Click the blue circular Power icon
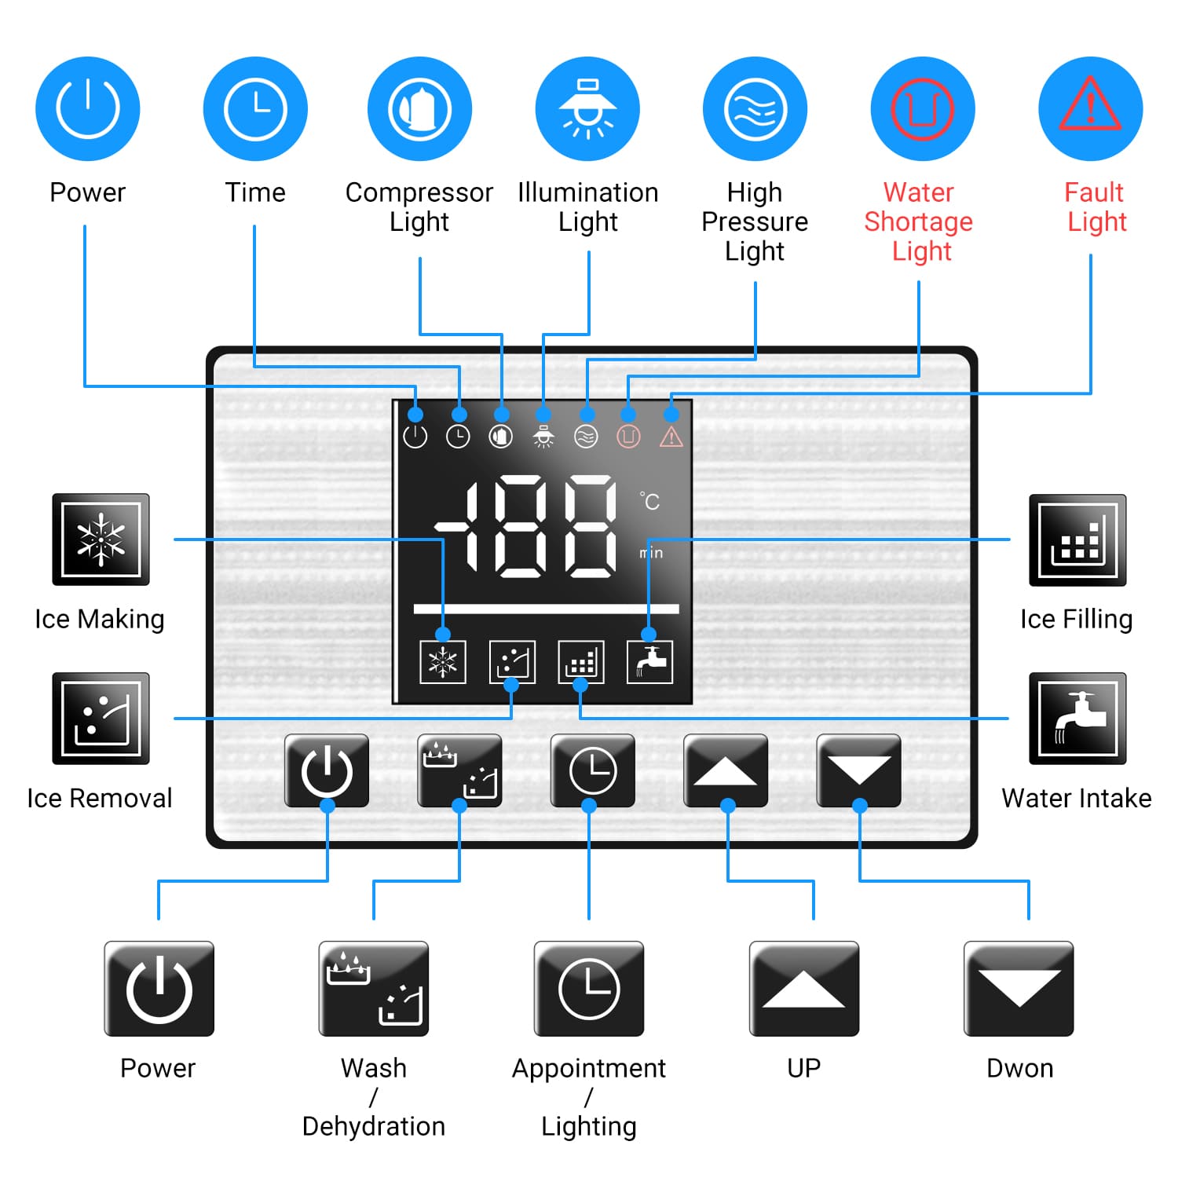click(88, 108)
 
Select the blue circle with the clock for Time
click(255, 108)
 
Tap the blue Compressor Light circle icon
click(420, 108)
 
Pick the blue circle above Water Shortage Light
click(923, 108)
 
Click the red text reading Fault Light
click(1096, 207)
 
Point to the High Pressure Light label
click(755, 221)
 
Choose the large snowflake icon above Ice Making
click(101, 540)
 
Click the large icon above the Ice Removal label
click(101, 719)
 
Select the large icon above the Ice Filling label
click(1077, 540)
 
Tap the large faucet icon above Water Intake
click(1077, 719)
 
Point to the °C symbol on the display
click(650, 501)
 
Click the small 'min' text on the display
click(651, 553)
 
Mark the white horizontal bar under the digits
click(546, 609)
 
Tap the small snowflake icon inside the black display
click(443, 662)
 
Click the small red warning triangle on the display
click(671, 437)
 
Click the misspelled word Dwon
click(1019, 1068)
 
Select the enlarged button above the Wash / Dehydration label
click(374, 989)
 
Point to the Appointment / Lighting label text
click(589, 1096)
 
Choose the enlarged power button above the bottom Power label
click(159, 989)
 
